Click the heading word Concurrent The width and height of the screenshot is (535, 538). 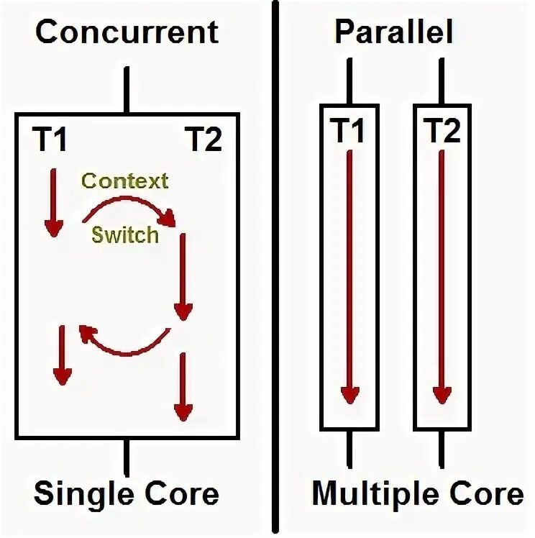point(127,32)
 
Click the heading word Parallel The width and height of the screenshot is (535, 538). point(394,32)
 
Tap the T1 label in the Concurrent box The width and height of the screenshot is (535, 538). point(50,139)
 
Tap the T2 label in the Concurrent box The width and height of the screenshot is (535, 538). point(204,139)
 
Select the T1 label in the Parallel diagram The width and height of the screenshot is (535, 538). point(348,131)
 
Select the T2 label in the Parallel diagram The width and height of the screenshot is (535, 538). point(442,131)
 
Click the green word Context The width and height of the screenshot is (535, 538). point(124,180)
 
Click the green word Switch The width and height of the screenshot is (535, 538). point(125,234)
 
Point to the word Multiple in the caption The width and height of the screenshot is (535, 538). point(366,494)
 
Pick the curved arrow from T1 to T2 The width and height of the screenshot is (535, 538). point(129,208)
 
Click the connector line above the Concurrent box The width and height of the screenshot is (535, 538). point(127,91)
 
